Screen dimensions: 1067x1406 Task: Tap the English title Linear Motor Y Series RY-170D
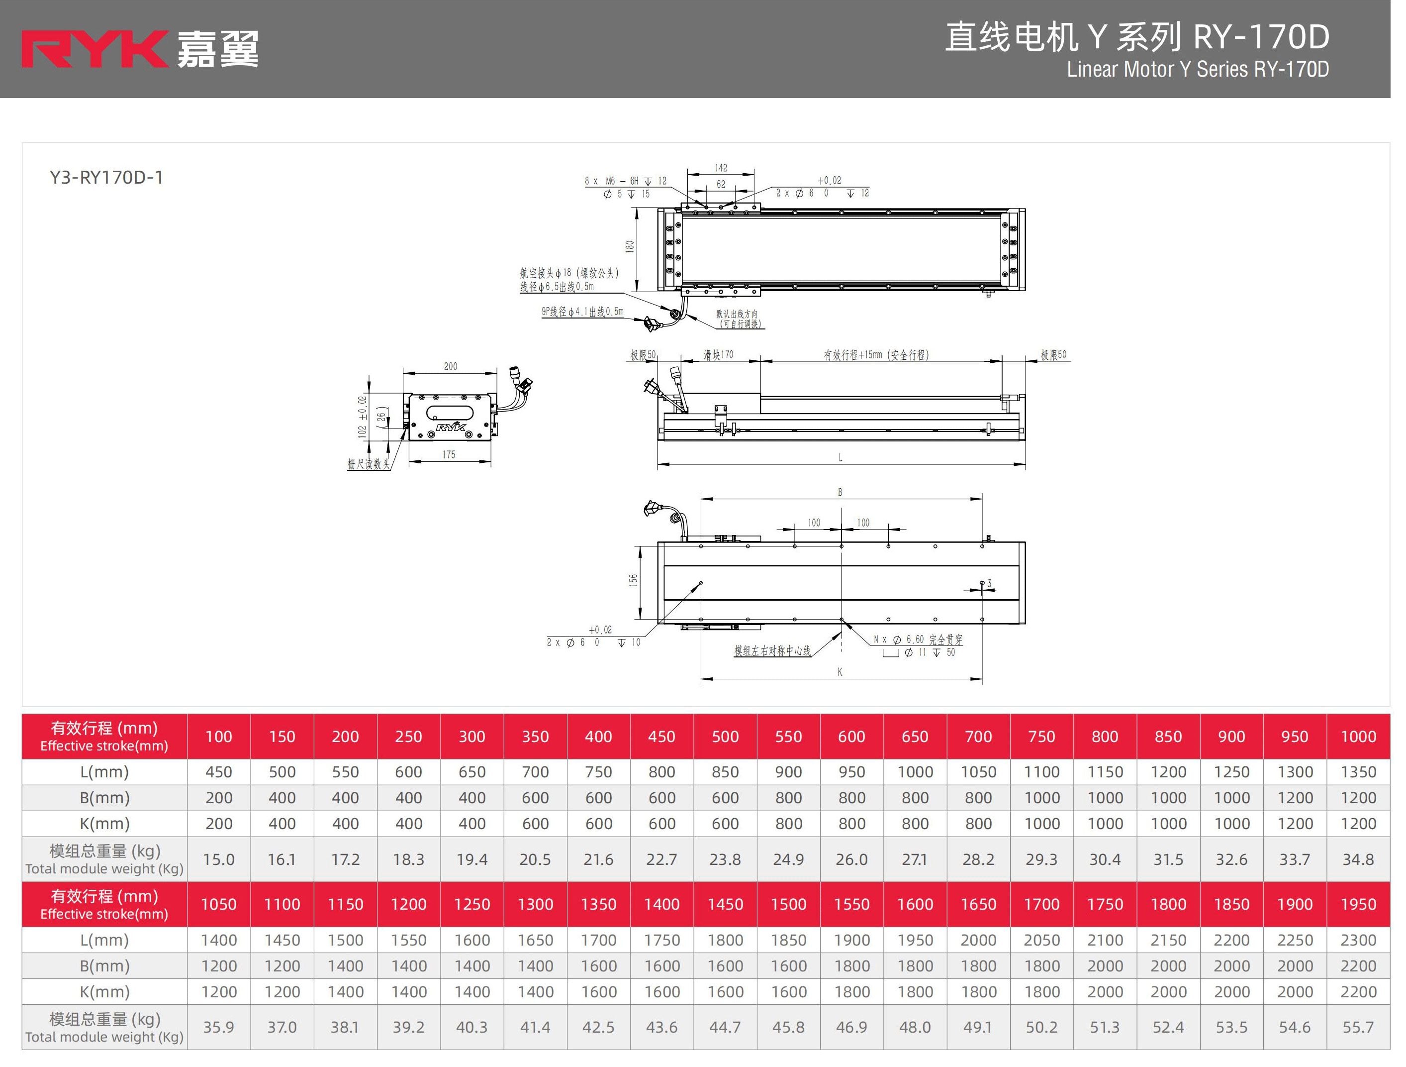pyautogui.click(x=1197, y=69)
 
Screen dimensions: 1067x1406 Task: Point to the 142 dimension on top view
pyautogui.click(x=721, y=168)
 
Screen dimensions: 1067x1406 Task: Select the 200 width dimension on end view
pyautogui.click(x=450, y=366)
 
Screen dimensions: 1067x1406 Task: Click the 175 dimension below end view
pyautogui.click(x=449, y=455)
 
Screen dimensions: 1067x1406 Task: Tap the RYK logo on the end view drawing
pyautogui.click(x=451, y=427)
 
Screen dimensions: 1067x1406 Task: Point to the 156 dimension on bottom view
pyautogui.click(x=633, y=580)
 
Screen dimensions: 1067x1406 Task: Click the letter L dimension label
pyautogui.click(x=841, y=457)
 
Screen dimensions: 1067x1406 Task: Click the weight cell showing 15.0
pyautogui.click(x=219, y=859)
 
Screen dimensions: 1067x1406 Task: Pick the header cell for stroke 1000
pyautogui.click(x=1358, y=737)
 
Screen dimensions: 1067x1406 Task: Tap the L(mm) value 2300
pyautogui.click(x=1358, y=940)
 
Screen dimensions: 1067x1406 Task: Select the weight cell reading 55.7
pyautogui.click(x=1358, y=1027)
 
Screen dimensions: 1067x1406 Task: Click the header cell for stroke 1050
pyautogui.click(x=219, y=904)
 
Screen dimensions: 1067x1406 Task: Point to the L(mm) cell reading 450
pyautogui.click(x=219, y=772)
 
